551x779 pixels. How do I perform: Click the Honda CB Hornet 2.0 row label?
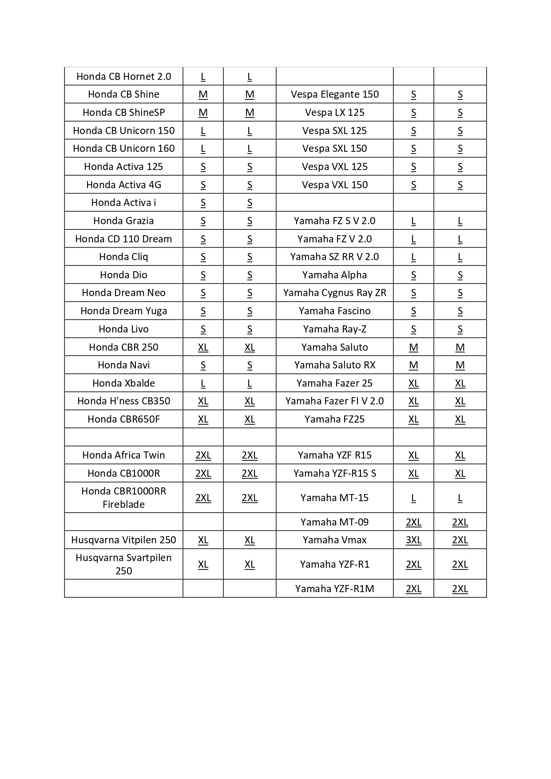[x=123, y=76]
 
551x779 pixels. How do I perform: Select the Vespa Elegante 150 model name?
[x=335, y=94]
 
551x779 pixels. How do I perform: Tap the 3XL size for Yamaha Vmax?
[x=413, y=540]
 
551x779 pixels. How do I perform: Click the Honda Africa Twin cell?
[x=123, y=455]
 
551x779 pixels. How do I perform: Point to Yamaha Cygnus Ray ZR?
[x=335, y=293]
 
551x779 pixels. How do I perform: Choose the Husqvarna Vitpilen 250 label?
[x=123, y=540]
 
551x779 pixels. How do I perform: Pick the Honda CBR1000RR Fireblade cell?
[x=123, y=498]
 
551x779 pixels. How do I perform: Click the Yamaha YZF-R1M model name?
[x=335, y=589]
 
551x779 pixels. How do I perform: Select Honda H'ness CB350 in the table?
[x=123, y=401]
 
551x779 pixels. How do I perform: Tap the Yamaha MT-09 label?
[x=335, y=522]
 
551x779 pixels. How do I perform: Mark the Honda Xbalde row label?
[x=123, y=383]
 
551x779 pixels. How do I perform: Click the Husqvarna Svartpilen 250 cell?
[x=123, y=564]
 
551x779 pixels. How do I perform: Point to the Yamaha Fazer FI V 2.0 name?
[x=335, y=401]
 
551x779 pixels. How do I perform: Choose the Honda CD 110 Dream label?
[x=123, y=239]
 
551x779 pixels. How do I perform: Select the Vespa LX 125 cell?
[x=335, y=112]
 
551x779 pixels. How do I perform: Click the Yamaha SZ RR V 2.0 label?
[x=335, y=257]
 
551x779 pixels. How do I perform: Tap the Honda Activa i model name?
[x=123, y=202]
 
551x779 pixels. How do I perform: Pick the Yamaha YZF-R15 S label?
[x=335, y=473]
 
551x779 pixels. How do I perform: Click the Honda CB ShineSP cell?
[x=123, y=112]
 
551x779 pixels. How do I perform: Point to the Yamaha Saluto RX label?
[x=335, y=365]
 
